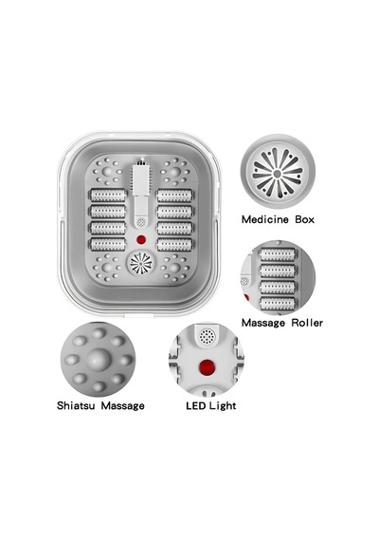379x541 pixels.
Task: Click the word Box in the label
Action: pos(304,219)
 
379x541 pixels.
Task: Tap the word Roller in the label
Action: pos(307,323)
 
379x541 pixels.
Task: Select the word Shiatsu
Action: pos(76,405)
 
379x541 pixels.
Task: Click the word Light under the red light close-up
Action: pos(223,406)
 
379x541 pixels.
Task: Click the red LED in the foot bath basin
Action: pos(140,239)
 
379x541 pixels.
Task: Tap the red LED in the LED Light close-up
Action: pos(208,367)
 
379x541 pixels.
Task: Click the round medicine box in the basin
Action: pos(140,263)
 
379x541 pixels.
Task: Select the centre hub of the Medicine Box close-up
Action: pos(278,173)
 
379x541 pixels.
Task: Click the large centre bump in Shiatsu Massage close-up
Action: pos(99,359)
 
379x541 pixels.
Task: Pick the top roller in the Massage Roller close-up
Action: pos(278,255)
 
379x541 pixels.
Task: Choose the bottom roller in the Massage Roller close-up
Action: pos(278,304)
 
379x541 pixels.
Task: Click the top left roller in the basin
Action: pos(108,196)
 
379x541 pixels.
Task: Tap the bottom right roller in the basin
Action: pos(174,244)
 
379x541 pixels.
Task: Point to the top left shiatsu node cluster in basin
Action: pos(107,172)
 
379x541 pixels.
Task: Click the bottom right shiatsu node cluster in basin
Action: pos(174,268)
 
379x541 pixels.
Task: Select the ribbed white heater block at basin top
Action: pos(141,179)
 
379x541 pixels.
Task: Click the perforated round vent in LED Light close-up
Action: pos(208,337)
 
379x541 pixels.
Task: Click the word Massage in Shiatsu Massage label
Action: pos(122,406)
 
